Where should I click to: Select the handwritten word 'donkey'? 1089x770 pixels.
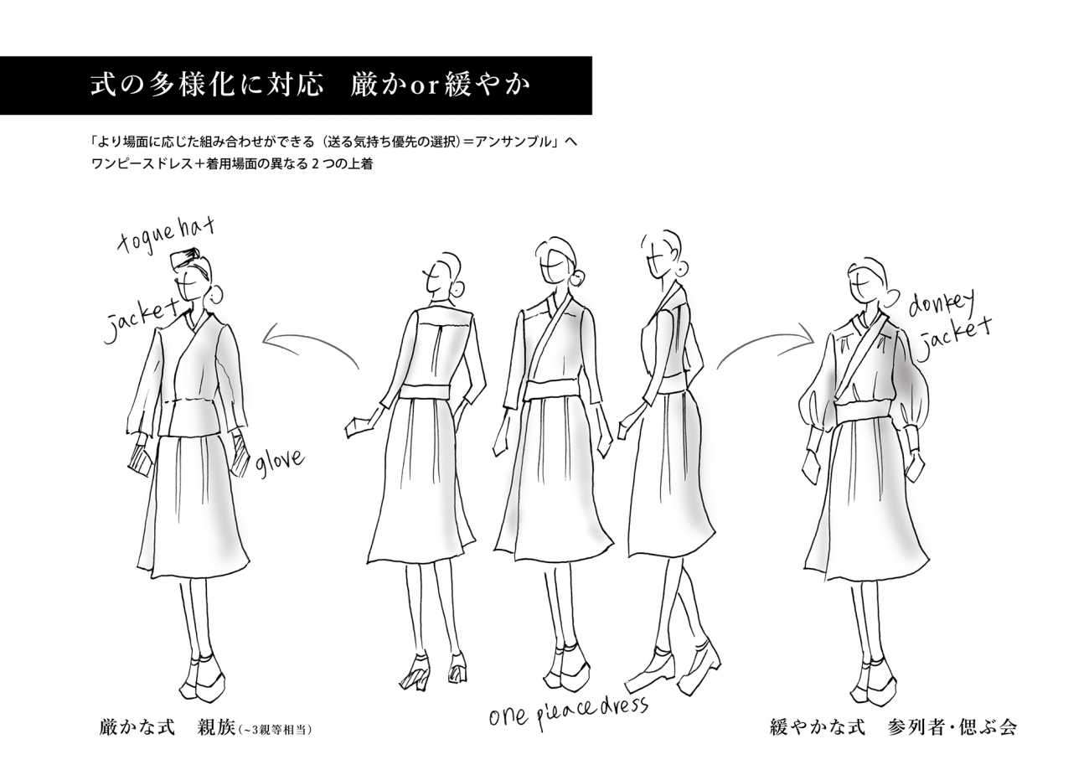click(942, 305)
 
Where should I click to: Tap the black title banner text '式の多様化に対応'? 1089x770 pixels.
click(207, 85)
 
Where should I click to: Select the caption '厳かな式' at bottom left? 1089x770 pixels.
click(137, 728)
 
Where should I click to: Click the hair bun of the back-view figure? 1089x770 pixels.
click(457, 290)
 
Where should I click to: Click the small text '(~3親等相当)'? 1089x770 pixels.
click(275, 730)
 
